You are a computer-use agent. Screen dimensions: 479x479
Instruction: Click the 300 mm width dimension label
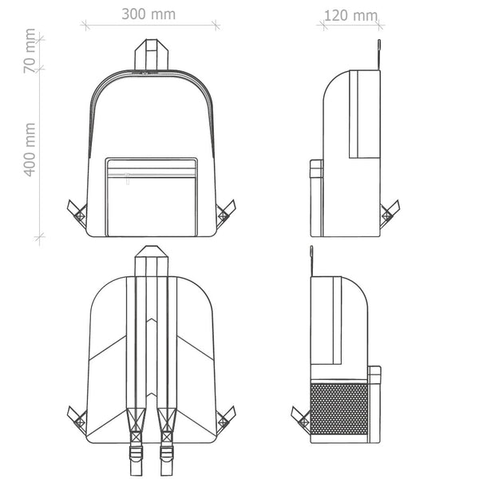pyautogui.click(x=148, y=14)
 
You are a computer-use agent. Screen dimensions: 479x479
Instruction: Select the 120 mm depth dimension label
pyautogui.click(x=350, y=16)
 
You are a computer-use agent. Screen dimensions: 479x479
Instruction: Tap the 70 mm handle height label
pyautogui.click(x=30, y=51)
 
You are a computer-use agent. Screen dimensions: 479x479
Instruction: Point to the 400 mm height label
pyautogui.click(x=30, y=150)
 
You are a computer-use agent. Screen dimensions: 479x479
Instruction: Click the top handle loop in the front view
pyautogui.click(x=152, y=55)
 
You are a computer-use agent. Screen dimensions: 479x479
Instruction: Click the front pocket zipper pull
pyautogui.click(x=128, y=179)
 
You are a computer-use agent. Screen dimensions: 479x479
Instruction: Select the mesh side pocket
pyautogui.click(x=338, y=409)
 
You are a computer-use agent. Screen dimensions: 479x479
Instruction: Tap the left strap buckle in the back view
pyautogui.click(x=136, y=453)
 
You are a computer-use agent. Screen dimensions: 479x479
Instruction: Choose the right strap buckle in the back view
pyautogui.click(x=167, y=453)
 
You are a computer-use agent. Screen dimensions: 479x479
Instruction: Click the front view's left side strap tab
pyautogui.click(x=77, y=213)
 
